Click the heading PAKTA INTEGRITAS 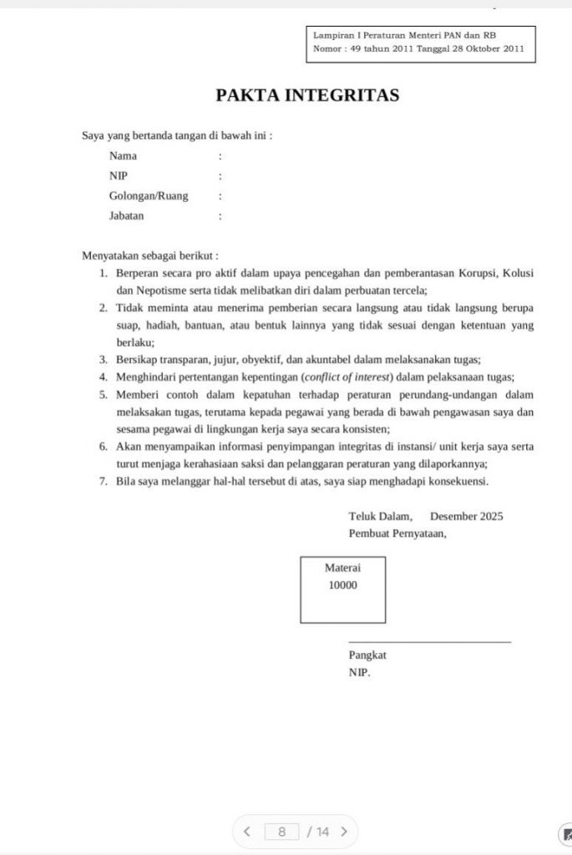coord(307,95)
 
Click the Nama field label coord(123,156)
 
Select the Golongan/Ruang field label coord(149,196)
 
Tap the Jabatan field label coord(126,216)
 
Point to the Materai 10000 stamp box coord(342,589)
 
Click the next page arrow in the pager coord(343,831)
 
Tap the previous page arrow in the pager coord(246,831)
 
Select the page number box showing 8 coord(282,831)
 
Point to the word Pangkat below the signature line coord(367,655)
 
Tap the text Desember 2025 coord(466,517)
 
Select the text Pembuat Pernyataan coord(397,534)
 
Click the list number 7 coord(103,482)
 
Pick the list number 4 coord(103,376)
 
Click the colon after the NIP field coord(220,176)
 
